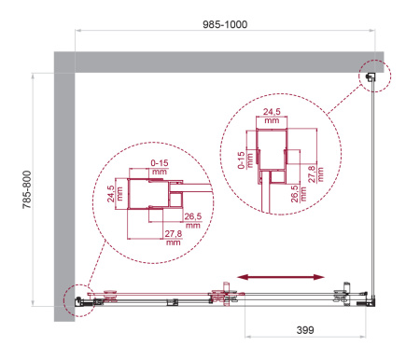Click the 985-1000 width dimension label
click(x=225, y=24)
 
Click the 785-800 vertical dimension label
click(x=27, y=189)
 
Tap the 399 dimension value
click(x=305, y=330)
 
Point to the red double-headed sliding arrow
click(x=281, y=277)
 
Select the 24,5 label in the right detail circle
click(x=272, y=111)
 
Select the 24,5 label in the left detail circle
click(x=111, y=194)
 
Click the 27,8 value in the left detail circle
click(x=174, y=233)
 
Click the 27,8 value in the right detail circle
click(x=311, y=173)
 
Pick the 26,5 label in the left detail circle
click(x=193, y=216)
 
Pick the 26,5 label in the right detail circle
click(x=295, y=194)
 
